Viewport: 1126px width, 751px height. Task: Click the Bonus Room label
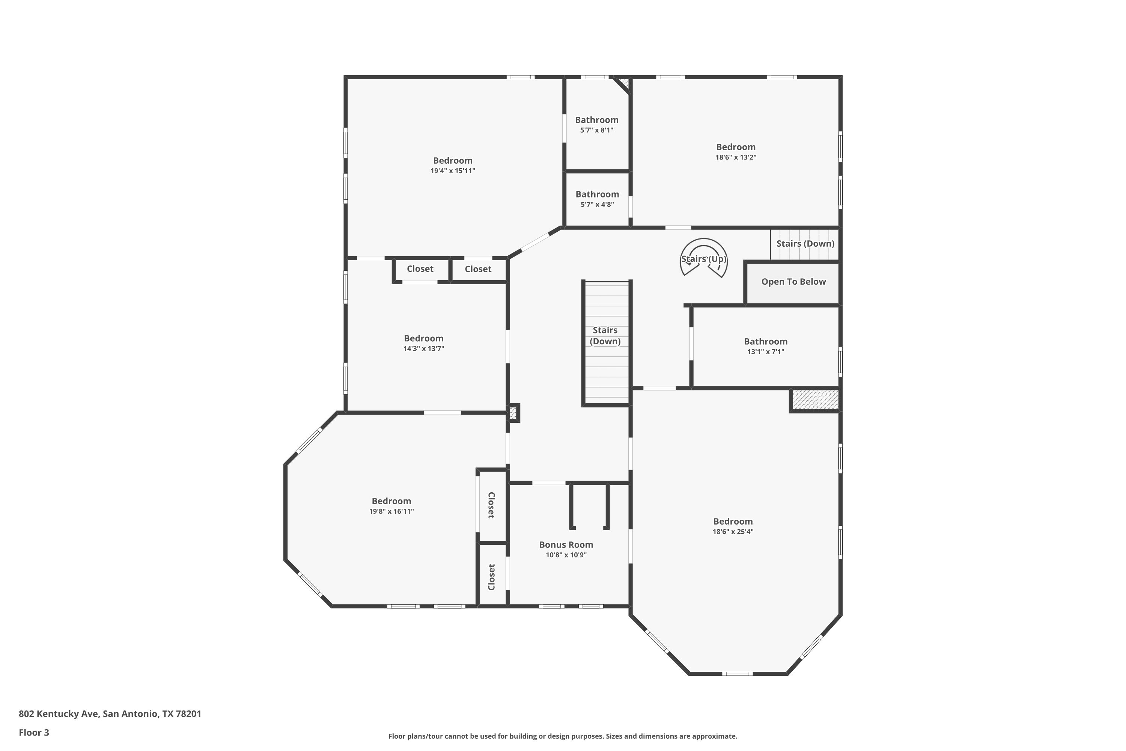click(566, 544)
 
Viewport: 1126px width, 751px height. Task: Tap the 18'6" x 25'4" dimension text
click(733, 532)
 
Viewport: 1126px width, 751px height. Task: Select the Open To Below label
click(794, 282)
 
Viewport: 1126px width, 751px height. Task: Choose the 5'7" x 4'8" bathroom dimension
click(597, 205)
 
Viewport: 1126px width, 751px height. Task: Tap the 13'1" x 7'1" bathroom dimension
click(766, 351)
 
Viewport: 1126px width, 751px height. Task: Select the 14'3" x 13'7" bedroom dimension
click(424, 349)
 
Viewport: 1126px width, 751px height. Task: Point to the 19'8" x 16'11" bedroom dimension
click(391, 511)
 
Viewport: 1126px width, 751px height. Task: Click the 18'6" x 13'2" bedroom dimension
click(736, 157)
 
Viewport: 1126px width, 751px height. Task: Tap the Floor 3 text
click(34, 732)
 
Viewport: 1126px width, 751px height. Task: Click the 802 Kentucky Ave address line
click(110, 714)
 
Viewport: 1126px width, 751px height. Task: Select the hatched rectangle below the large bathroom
click(815, 400)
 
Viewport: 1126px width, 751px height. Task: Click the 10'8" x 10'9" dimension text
click(566, 555)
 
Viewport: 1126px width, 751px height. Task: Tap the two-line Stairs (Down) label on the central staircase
click(605, 336)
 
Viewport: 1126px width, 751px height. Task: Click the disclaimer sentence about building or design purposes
click(563, 736)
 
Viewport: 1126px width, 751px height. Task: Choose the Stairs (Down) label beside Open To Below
click(805, 243)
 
